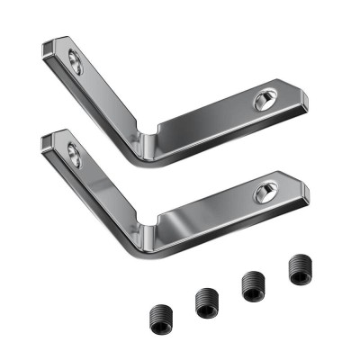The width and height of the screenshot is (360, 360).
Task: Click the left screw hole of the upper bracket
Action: tap(76, 63)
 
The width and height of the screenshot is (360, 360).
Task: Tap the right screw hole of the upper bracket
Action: tap(265, 98)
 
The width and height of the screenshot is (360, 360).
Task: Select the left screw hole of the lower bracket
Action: tap(75, 157)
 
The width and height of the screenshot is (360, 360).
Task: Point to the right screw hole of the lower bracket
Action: tap(265, 192)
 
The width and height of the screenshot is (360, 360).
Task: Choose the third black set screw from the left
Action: tap(252, 286)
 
